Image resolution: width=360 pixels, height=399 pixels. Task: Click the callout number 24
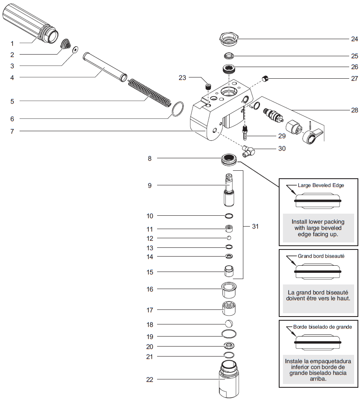coord(354,39)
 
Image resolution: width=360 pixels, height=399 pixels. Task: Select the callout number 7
coord(12,131)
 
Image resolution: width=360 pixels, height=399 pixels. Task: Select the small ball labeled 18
coord(229,324)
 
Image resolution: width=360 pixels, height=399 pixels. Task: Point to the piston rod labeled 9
coord(229,190)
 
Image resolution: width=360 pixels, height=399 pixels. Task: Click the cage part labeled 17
coord(229,309)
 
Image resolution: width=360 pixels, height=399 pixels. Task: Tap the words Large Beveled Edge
coord(321,185)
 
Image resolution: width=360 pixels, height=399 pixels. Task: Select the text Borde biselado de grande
coord(323,327)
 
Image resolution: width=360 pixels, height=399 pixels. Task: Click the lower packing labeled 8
coord(228,158)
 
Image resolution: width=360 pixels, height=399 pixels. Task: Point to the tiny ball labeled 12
coord(229,238)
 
